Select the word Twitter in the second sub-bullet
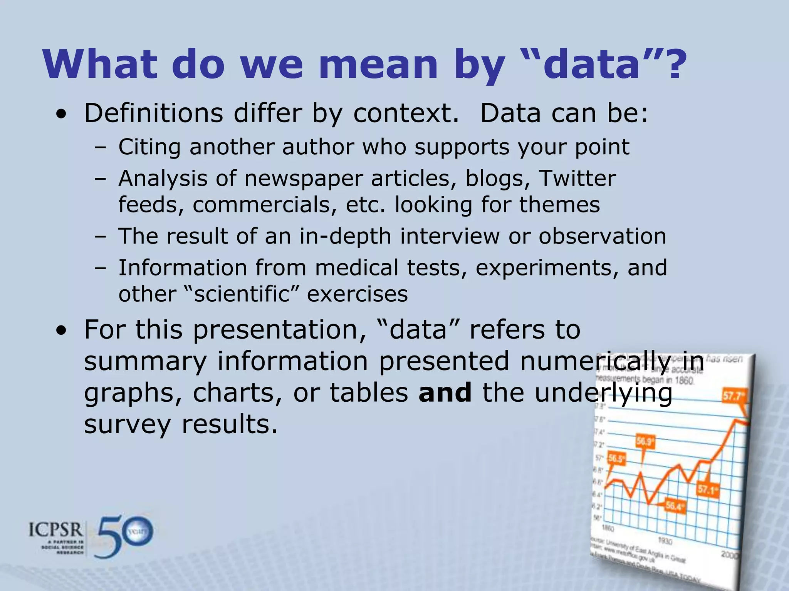point(577,179)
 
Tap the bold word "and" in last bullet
point(445,393)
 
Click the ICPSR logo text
point(56,530)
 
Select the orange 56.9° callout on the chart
point(645,441)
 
